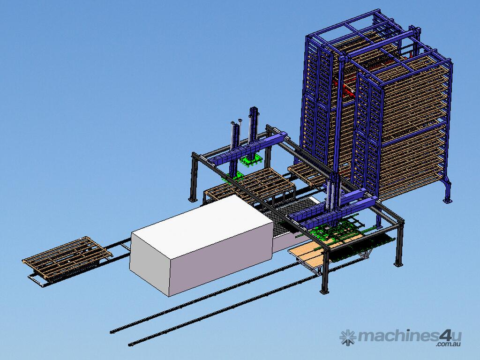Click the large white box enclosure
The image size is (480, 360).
click(x=201, y=245)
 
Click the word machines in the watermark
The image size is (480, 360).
click(x=398, y=336)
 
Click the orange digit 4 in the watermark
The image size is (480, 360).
click(x=445, y=336)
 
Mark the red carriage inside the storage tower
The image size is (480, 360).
click(x=346, y=88)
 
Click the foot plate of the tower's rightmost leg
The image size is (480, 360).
click(x=447, y=201)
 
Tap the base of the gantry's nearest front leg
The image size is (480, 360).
click(x=324, y=292)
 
